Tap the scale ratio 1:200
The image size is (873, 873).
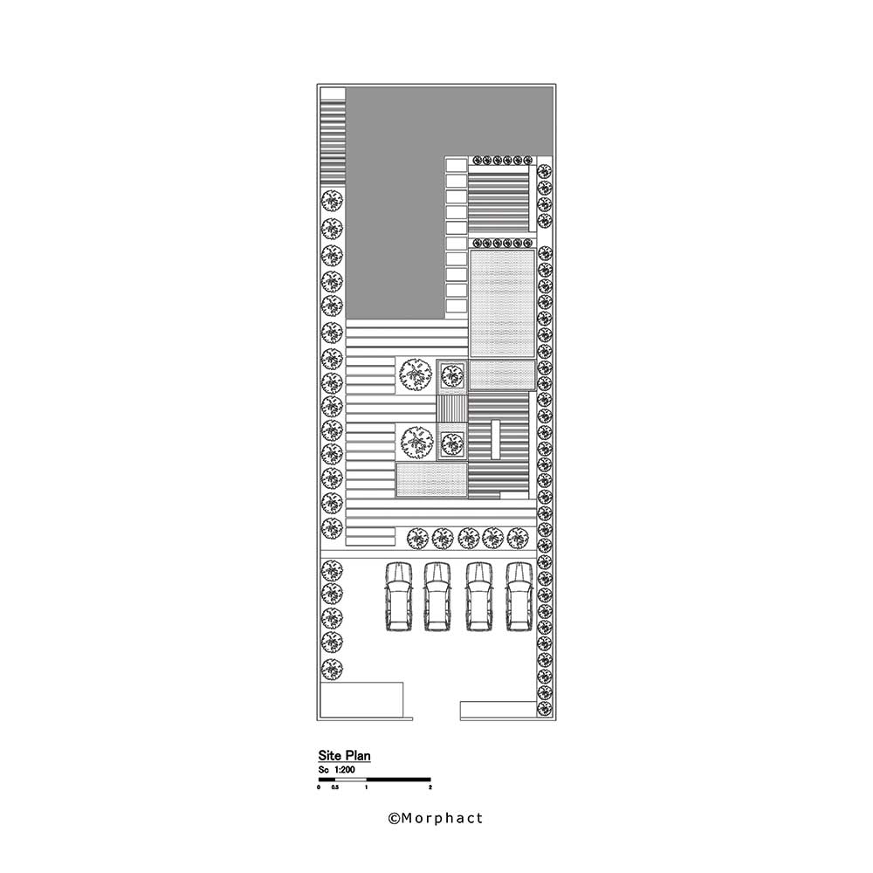point(354,770)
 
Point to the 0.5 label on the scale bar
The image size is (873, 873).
point(335,787)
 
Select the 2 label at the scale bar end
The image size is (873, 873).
point(430,787)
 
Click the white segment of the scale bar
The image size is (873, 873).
point(351,779)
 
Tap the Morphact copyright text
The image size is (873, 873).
point(435,818)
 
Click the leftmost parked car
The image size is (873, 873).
point(398,596)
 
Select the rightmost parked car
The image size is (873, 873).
point(519,596)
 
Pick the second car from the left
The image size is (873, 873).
point(438,596)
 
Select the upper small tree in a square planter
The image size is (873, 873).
point(450,375)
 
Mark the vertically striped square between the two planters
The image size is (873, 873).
point(451,409)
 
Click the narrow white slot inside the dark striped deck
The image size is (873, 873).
point(495,439)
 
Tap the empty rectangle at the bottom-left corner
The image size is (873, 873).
point(361,700)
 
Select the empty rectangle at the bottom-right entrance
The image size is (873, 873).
point(497,710)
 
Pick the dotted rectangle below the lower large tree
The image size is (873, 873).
point(431,480)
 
